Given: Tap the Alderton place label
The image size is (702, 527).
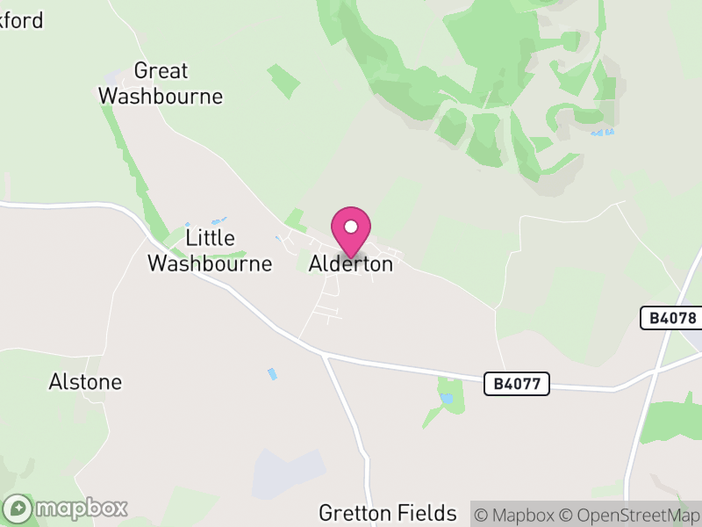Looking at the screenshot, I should point(351,263).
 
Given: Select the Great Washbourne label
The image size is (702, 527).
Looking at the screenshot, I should point(161,83).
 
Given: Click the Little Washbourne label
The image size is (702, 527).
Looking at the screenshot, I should point(210,250).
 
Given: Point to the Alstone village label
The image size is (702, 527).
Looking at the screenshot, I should point(85,382).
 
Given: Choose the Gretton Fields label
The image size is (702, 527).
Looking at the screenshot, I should point(388,513).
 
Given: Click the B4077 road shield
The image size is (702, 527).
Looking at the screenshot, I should point(517,383).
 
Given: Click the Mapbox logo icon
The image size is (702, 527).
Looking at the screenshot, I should point(19,509).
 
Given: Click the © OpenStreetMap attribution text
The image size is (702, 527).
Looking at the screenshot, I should point(631,515).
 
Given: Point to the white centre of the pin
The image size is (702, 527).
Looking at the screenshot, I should point(351,226).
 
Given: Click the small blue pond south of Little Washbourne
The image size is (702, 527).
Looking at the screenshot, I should point(272,374).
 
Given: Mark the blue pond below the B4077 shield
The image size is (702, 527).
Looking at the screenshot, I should point(448,398).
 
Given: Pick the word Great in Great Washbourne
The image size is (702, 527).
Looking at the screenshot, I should point(161,71).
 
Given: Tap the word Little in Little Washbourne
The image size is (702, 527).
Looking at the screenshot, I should point(211,238).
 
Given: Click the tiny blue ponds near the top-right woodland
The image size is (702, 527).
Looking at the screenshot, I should point(602,133).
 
